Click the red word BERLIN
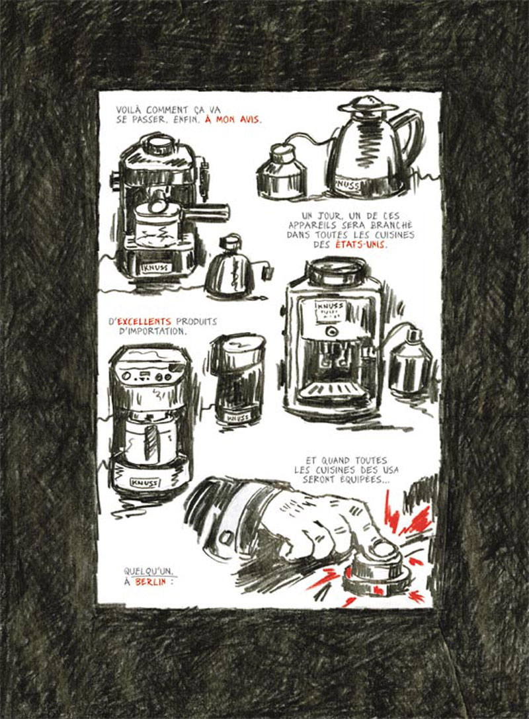150,582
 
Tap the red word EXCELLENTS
144,322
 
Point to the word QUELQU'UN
149,571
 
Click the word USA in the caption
388,470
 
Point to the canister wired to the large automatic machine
410,362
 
